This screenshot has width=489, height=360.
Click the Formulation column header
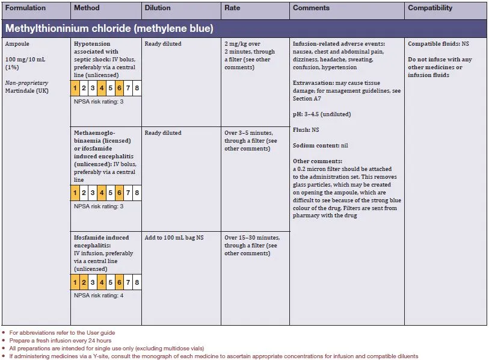click(25, 8)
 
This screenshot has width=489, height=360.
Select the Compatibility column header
click(430, 8)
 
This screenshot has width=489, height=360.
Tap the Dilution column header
click(158, 8)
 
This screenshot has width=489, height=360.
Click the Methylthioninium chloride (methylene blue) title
click(109, 28)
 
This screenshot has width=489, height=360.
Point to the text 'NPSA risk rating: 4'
click(97, 296)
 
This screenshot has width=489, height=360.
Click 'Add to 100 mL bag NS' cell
click(174, 238)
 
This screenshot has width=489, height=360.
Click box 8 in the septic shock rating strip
click(137, 88)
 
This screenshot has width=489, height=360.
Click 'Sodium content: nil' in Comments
click(320, 146)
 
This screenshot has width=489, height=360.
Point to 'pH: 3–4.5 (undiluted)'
click(322, 114)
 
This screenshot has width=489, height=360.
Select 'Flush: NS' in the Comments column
click(306, 130)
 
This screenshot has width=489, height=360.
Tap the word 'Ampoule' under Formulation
click(17, 44)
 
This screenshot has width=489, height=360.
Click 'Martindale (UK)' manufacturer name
click(26, 91)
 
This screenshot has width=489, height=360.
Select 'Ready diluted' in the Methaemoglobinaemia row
click(163, 133)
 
